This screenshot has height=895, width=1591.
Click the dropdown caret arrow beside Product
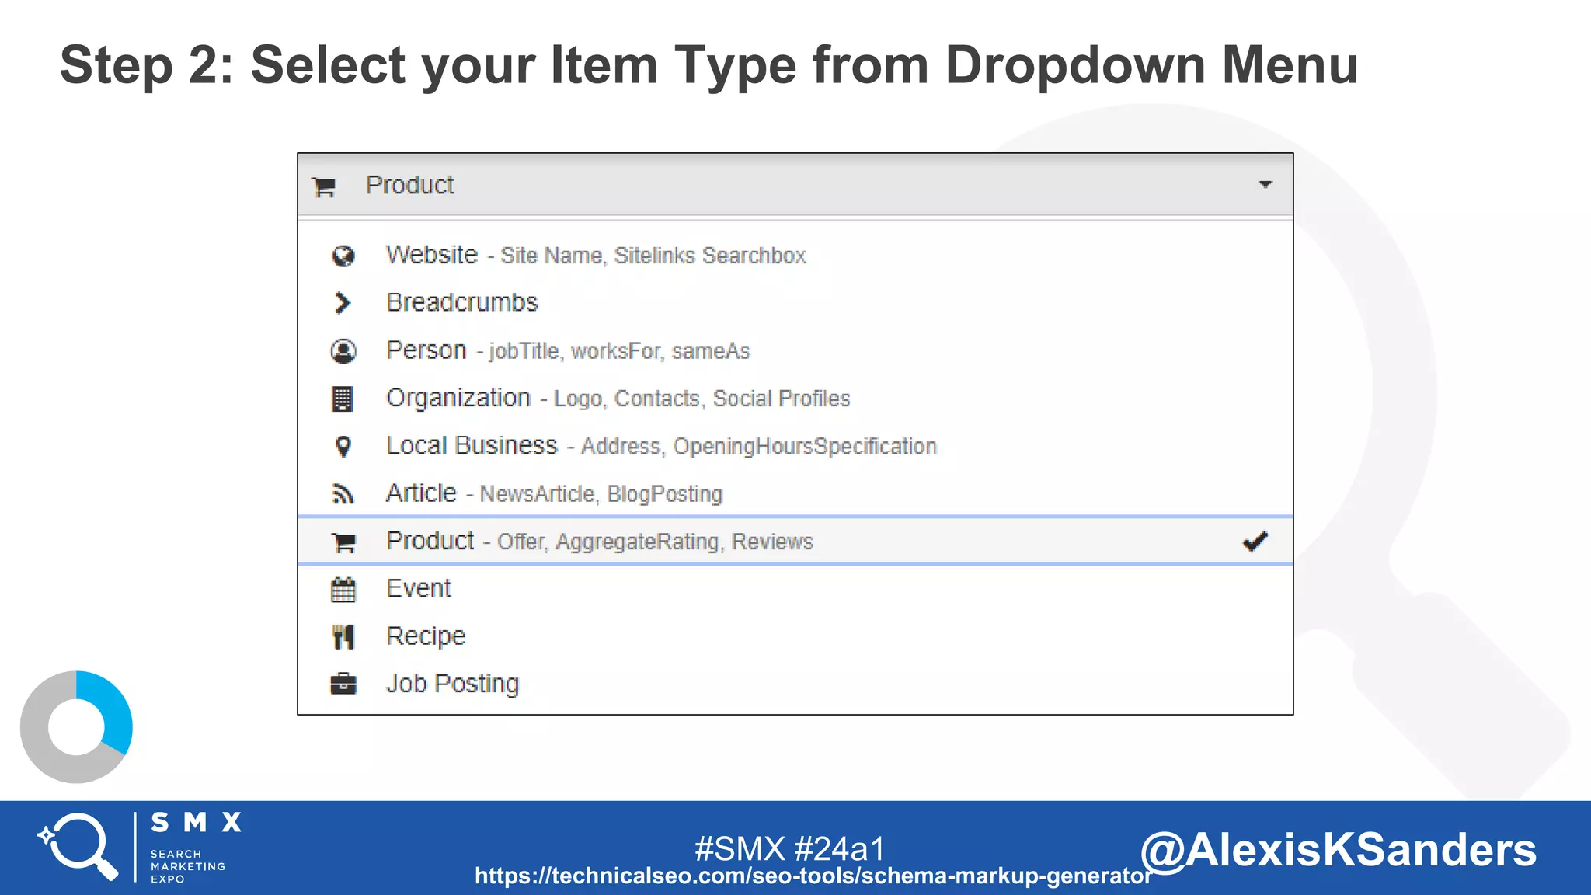coord(1265,185)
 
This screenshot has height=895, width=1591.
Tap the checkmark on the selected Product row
coord(1255,541)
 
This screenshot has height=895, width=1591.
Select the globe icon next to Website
coord(343,256)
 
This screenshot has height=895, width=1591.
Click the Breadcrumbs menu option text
coord(461,302)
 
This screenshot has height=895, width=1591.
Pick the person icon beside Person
coord(343,351)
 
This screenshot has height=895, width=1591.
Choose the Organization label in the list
coord(458,398)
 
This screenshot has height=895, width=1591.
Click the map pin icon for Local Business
coord(343,447)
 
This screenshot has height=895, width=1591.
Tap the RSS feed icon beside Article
coord(343,494)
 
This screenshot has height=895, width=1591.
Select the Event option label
coord(418,588)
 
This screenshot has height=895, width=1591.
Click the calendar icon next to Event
coord(343,590)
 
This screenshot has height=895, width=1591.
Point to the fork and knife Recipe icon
coord(343,637)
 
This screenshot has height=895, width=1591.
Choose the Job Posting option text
coord(452,684)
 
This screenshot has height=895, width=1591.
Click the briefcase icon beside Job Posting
coord(343,684)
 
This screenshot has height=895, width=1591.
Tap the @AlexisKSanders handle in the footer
coord(1338,849)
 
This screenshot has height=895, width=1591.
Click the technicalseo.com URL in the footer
coord(813,876)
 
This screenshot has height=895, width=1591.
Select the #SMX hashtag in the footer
coord(740,848)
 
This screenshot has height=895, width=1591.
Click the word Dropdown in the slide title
coord(1074,64)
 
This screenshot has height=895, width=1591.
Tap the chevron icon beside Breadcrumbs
coord(342,303)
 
